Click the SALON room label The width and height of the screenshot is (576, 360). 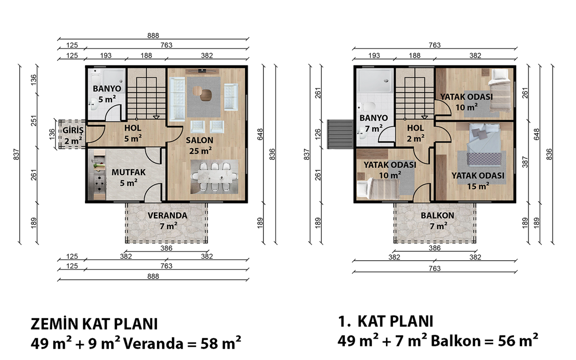[200, 140]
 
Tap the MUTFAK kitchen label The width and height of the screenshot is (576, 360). [129, 172]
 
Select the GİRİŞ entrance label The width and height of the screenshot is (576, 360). [73, 130]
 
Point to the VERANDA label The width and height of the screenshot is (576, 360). [167, 216]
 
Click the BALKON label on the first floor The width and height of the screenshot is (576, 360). [437, 216]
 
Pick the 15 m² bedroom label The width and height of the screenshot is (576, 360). [478, 186]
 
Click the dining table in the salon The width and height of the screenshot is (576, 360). [214, 177]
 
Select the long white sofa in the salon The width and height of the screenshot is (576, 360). [177, 99]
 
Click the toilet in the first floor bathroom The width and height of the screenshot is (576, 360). [368, 106]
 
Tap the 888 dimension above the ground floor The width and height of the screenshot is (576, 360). [153, 35]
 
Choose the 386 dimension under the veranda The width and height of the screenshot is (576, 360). [166, 248]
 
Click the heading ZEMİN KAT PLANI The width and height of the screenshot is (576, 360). [94, 324]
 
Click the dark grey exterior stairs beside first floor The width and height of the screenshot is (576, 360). [340, 134]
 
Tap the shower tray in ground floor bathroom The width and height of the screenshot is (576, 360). [114, 81]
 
